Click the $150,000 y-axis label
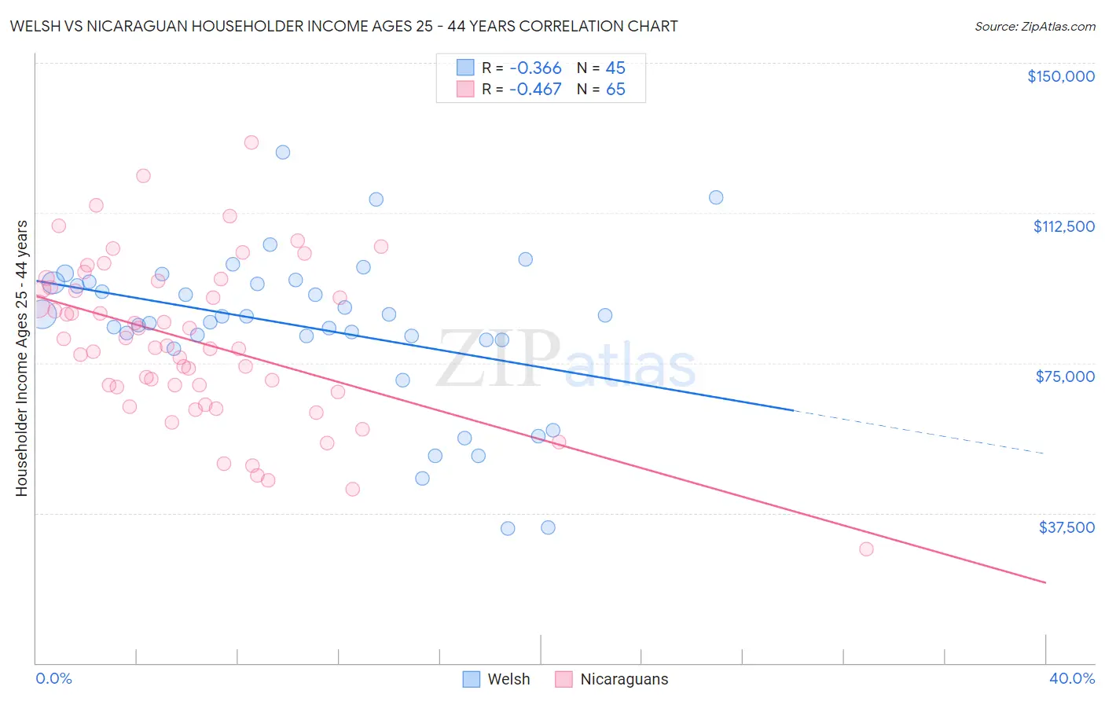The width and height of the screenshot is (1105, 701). coord(1060,76)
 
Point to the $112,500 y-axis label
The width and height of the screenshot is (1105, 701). coord(1063,226)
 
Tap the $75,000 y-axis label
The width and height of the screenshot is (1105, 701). coord(1065,376)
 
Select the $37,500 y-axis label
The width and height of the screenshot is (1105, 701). coord(1066,527)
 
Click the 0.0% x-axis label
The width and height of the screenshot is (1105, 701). coord(53,678)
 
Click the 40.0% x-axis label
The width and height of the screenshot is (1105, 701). coord(1071,678)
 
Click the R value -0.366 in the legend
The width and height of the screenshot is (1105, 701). coord(535,68)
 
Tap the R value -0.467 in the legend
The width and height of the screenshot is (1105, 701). coord(535,90)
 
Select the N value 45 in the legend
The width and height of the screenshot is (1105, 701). coord(615,68)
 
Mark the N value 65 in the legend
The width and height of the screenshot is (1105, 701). coord(615,90)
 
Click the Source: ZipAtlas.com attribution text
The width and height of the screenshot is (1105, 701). coord(1034,27)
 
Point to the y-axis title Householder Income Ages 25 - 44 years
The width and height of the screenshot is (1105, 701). coord(21,358)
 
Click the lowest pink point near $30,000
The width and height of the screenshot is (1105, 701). coord(866,549)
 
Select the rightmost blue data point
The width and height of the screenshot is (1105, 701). coord(716,197)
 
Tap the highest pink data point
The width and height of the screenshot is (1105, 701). coord(251,142)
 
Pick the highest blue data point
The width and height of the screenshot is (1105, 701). coord(283,152)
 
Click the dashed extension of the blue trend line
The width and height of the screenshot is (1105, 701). coord(920,432)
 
